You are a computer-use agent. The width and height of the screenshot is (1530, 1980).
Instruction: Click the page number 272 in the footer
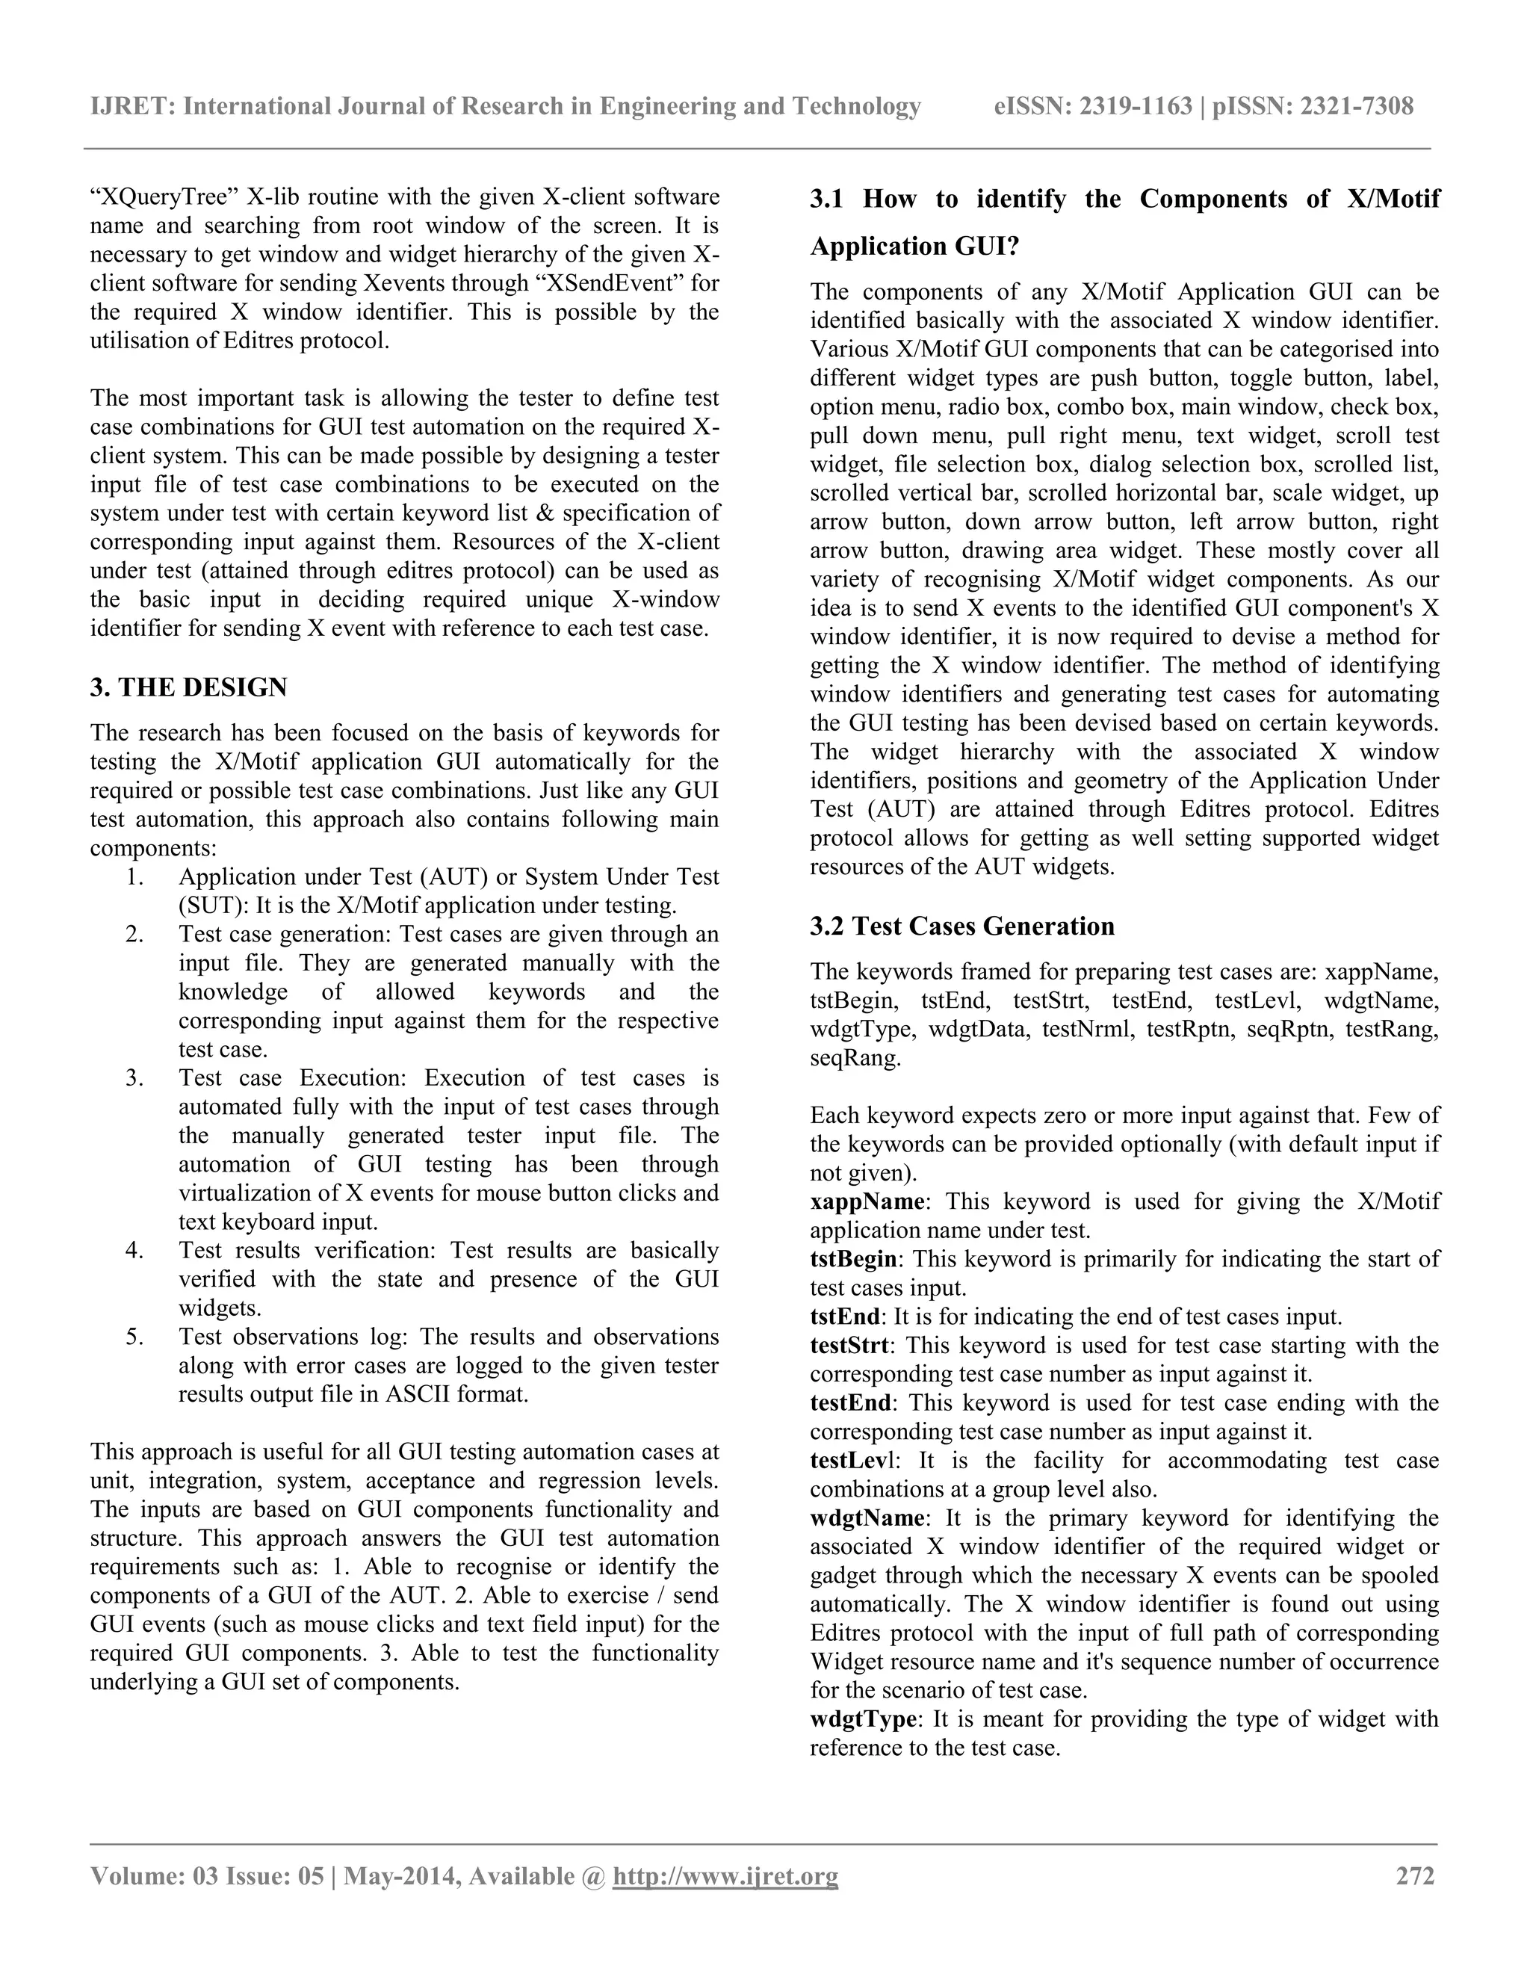(x=1416, y=1875)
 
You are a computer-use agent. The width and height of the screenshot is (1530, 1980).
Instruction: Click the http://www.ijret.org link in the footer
(x=725, y=1875)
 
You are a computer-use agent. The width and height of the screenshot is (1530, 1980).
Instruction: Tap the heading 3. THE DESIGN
(x=188, y=687)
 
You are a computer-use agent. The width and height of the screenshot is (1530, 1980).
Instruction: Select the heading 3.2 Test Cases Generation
(x=961, y=926)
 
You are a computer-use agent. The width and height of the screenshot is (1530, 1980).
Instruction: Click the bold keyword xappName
(x=867, y=1201)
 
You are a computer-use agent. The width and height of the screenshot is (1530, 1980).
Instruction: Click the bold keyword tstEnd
(x=844, y=1317)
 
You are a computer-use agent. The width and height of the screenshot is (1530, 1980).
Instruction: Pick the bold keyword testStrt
(x=849, y=1346)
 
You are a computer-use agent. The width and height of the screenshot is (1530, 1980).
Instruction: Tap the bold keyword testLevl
(x=851, y=1461)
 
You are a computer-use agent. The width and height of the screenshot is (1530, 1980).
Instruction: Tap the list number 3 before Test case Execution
(x=134, y=1078)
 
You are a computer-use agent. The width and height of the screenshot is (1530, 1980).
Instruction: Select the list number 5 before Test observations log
(x=134, y=1337)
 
